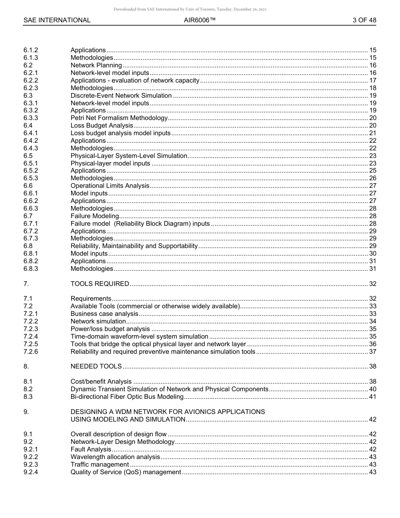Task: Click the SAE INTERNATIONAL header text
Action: pyautogui.click(x=57, y=20)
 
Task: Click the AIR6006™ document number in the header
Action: pyautogui.click(x=200, y=20)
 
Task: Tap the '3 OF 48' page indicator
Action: pyautogui.click(x=364, y=20)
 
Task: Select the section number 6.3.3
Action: pyautogui.click(x=31, y=118)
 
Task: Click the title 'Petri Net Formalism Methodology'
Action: pyautogui.click(x=119, y=118)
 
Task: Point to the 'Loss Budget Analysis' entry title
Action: pyautogui.click(x=102, y=125)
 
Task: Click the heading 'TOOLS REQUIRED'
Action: pyautogui.click(x=100, y=284)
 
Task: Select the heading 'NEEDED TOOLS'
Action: pyautogui.click(x=96, y=366)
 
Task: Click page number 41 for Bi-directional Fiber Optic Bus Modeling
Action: pyautogui.click(x=372, y=397)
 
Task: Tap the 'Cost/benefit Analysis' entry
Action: pyautogui.click(x=101, y=382)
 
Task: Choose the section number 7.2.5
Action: pyautogui.click(x=31, y=344)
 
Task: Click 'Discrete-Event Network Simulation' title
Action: pyautogui.click(x=121, y=96)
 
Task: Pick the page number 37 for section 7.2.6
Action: pyautogui.click(x=372, y=352)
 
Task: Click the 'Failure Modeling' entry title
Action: pyautogui.click(x=95, y=216)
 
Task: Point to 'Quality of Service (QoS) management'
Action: pyautogui.click(x=126, y=472)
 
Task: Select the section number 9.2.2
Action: pyautogui.click(x=31, y=457)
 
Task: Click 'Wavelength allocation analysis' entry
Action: pyautogui.click(x=115, y=457)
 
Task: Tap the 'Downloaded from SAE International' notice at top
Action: pyautogui.click(x=190, y=9)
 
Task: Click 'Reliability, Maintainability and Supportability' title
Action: pyautogui.click(x=134, y=246)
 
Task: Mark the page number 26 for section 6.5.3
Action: pyautogui.click(x=372, y=178)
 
